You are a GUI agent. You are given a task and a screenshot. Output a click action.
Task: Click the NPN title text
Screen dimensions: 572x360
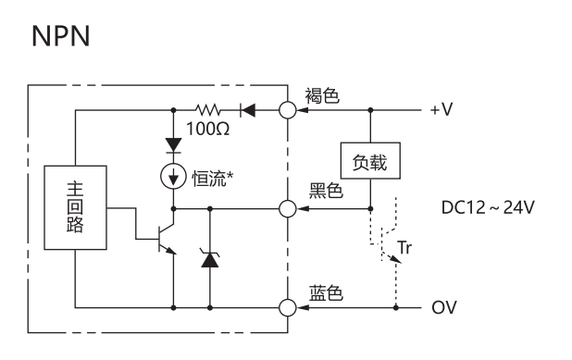[x=60, y=36]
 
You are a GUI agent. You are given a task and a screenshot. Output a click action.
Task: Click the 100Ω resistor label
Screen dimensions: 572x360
[x=208, y=129]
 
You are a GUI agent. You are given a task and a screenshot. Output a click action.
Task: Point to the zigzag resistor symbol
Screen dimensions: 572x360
[x=207, y=109]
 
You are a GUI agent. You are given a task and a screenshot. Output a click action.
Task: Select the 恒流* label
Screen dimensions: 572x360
[x=213, y=179]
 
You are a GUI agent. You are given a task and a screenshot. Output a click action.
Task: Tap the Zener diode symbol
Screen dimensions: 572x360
[x=210, y=258]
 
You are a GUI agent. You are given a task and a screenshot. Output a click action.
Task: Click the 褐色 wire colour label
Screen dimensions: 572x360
[x=322, y=95]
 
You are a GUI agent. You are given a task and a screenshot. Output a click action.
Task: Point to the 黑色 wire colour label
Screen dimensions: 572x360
[x=326, y=190]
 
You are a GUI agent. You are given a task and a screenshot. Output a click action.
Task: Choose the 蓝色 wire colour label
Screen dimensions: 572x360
[x=326, y=292]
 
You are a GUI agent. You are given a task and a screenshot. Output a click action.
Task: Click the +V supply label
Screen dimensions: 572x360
[x=441, y=109]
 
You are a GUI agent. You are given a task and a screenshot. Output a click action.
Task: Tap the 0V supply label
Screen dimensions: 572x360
[x=444, y=307]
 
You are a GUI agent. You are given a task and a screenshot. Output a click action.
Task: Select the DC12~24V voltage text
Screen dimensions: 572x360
[x=488, y=207]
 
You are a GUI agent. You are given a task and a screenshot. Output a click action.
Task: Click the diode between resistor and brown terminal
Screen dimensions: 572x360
[x=248, y=110]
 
